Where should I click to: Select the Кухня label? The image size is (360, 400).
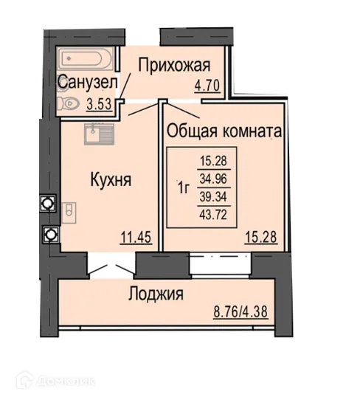111,179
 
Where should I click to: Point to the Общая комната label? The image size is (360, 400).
224,131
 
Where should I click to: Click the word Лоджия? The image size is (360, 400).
156,293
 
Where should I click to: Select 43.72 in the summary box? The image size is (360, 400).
215,214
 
